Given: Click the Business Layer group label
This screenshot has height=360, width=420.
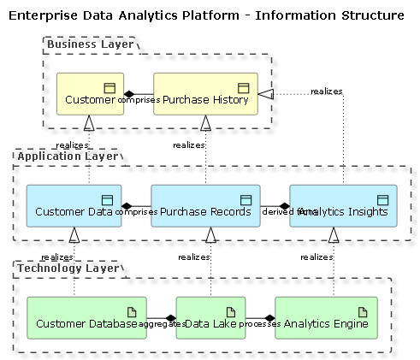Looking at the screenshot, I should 90,44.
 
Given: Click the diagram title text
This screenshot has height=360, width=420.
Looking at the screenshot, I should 206,15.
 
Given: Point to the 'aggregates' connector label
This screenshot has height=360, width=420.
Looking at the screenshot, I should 162,325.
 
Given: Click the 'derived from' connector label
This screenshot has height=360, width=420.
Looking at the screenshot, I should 278,211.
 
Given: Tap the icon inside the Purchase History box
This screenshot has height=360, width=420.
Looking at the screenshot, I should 243,87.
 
